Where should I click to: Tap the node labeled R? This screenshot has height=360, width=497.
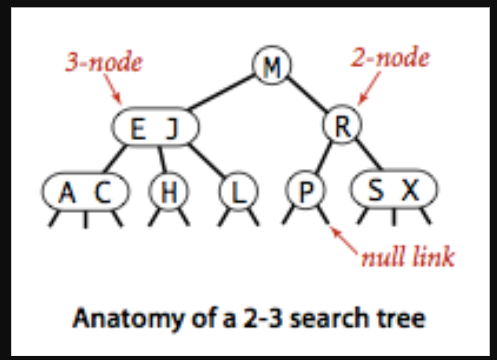340,126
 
